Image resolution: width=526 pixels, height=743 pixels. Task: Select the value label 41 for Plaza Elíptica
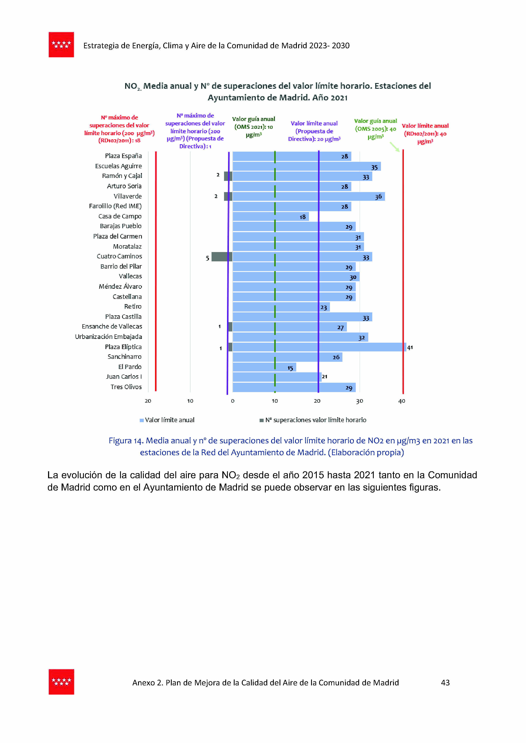[x=410, y=348]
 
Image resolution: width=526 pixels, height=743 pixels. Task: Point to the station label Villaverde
[x=128, y=196]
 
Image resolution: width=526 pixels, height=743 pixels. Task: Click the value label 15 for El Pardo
[x=290, y=368]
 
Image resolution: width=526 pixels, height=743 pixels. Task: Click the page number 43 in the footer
[x=445, y=683]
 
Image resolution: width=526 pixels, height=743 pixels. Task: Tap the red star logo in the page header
[x=61, y=45]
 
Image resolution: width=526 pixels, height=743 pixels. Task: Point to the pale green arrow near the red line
[x=394, y=147]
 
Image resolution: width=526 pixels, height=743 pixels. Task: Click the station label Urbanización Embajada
[x=108, y=337]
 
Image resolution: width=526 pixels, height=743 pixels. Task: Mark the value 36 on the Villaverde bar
[x=378, y=197]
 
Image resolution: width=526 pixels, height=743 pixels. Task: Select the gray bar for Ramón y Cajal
[x=228, y=176]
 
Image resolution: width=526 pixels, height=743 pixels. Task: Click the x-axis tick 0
[x=233, y=401]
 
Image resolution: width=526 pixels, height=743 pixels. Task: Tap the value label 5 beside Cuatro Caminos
[x=207, y=258]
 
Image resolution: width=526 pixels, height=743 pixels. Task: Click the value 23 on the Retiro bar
[x=324, y=307]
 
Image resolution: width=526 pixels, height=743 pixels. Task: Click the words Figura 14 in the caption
[x=125, y=441]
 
